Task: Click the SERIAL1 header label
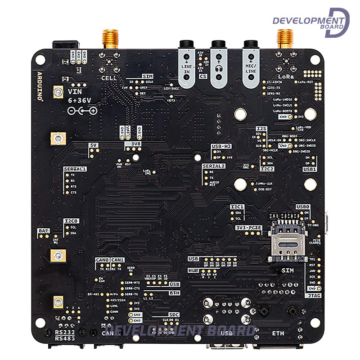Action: tap(75, 168)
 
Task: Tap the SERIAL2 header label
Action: tap(214, 166)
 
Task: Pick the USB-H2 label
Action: tap(221, 146)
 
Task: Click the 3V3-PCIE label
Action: tap(248, 228)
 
